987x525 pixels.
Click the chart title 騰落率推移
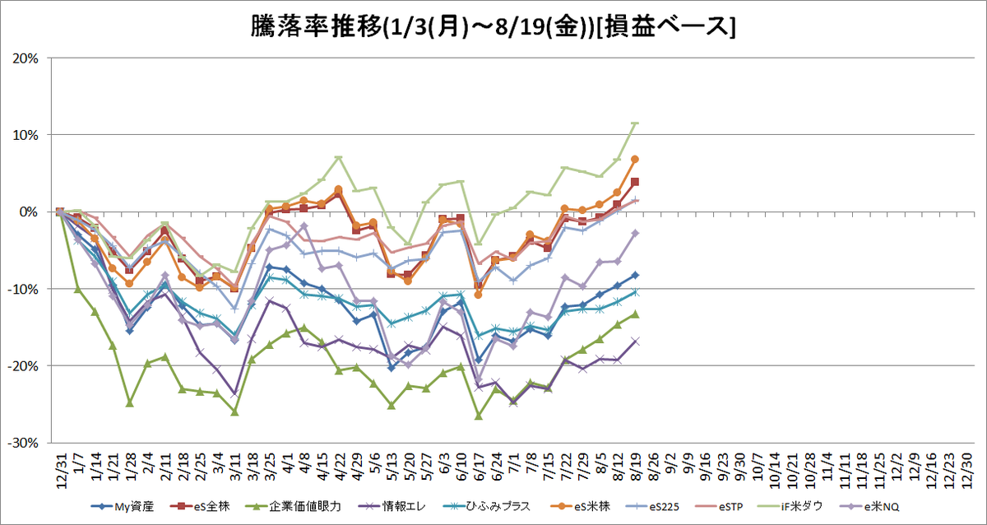(x=316, y=26)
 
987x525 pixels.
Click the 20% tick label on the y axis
(x=25, y=58)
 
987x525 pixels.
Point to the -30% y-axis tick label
(x=23, y=443)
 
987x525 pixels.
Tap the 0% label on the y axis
(x=29, y=212)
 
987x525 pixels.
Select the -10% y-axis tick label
(x=23, y=290)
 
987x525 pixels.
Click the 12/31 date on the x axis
(x=61, y=471)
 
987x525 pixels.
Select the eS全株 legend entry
(x=200, y=507)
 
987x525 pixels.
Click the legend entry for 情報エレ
(x=392, y=507)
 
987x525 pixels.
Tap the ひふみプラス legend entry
(x=486, y=507)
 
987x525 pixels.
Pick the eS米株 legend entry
(x=581, y=507)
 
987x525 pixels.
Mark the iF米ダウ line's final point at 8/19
(x=635, y=123)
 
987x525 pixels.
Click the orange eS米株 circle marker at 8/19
(x=635, y=159)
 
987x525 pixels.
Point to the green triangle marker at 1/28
(x=130, y=403)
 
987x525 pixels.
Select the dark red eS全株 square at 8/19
(x=635, y=182)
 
